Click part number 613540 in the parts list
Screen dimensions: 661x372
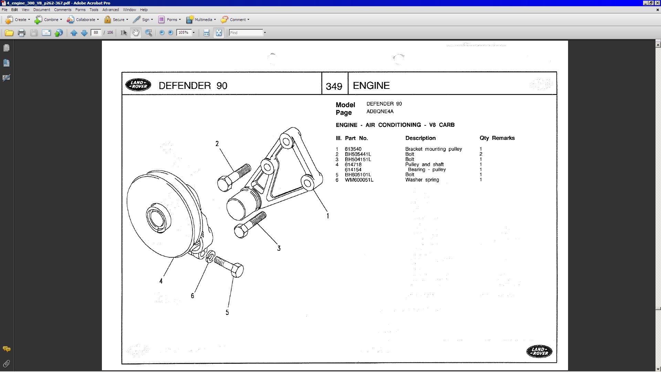pos(353,149)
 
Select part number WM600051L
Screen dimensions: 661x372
pos(359,180)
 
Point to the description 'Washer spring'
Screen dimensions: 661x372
pos(422,180)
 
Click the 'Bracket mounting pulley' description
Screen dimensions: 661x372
pos(433,149)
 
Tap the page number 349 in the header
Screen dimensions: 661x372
pos(334,86)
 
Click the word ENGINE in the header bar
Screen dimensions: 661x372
pos(371,85)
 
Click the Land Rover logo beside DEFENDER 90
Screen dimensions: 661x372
pos(138,85)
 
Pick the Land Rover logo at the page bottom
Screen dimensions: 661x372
pos(539,351)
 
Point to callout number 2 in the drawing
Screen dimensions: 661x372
pos(217,144)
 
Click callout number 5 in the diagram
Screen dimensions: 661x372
pos(227,312)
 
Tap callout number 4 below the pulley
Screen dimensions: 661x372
pos(161,281)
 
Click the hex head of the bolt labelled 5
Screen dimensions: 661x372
pos(237,270)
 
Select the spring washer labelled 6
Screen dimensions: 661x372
pos(210,256)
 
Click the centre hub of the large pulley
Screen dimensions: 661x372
pos(158,218)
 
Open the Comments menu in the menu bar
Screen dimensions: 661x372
pos(63,10)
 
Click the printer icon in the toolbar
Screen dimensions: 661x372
pos(21,33)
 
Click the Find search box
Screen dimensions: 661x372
pos(246,33)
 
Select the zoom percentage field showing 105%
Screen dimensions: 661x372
pos(183,33)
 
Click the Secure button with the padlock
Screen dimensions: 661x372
pos(116,20)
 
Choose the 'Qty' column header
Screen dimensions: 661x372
pos(484,138)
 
